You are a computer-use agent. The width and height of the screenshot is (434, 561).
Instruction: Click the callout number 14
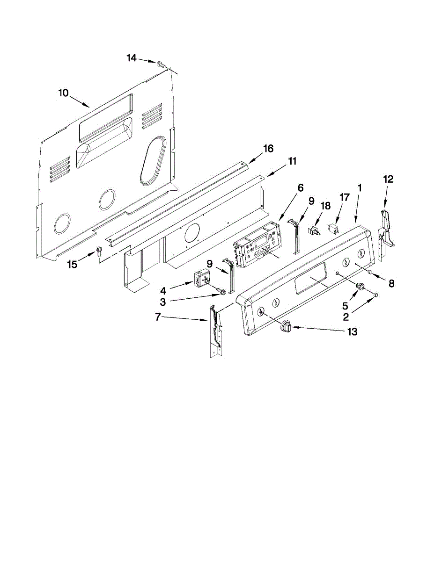coord(132,58)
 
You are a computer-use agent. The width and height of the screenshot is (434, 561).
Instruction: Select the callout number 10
coord(63,93)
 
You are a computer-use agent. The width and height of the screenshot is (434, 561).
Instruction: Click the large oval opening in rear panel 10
coord(152,159)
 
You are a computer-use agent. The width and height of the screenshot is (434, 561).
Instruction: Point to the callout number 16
coord(268,149)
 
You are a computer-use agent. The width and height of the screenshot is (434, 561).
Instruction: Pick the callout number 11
coord(292,161)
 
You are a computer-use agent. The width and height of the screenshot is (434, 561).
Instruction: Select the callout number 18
coord(325,205)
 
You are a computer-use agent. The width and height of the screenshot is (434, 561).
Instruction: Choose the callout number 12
coord(389,179)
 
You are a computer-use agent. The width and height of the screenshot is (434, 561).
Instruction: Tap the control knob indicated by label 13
coord(286,326)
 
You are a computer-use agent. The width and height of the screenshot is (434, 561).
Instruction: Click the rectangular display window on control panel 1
coord(310,279)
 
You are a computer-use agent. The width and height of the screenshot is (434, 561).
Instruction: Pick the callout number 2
coord(346,317)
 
